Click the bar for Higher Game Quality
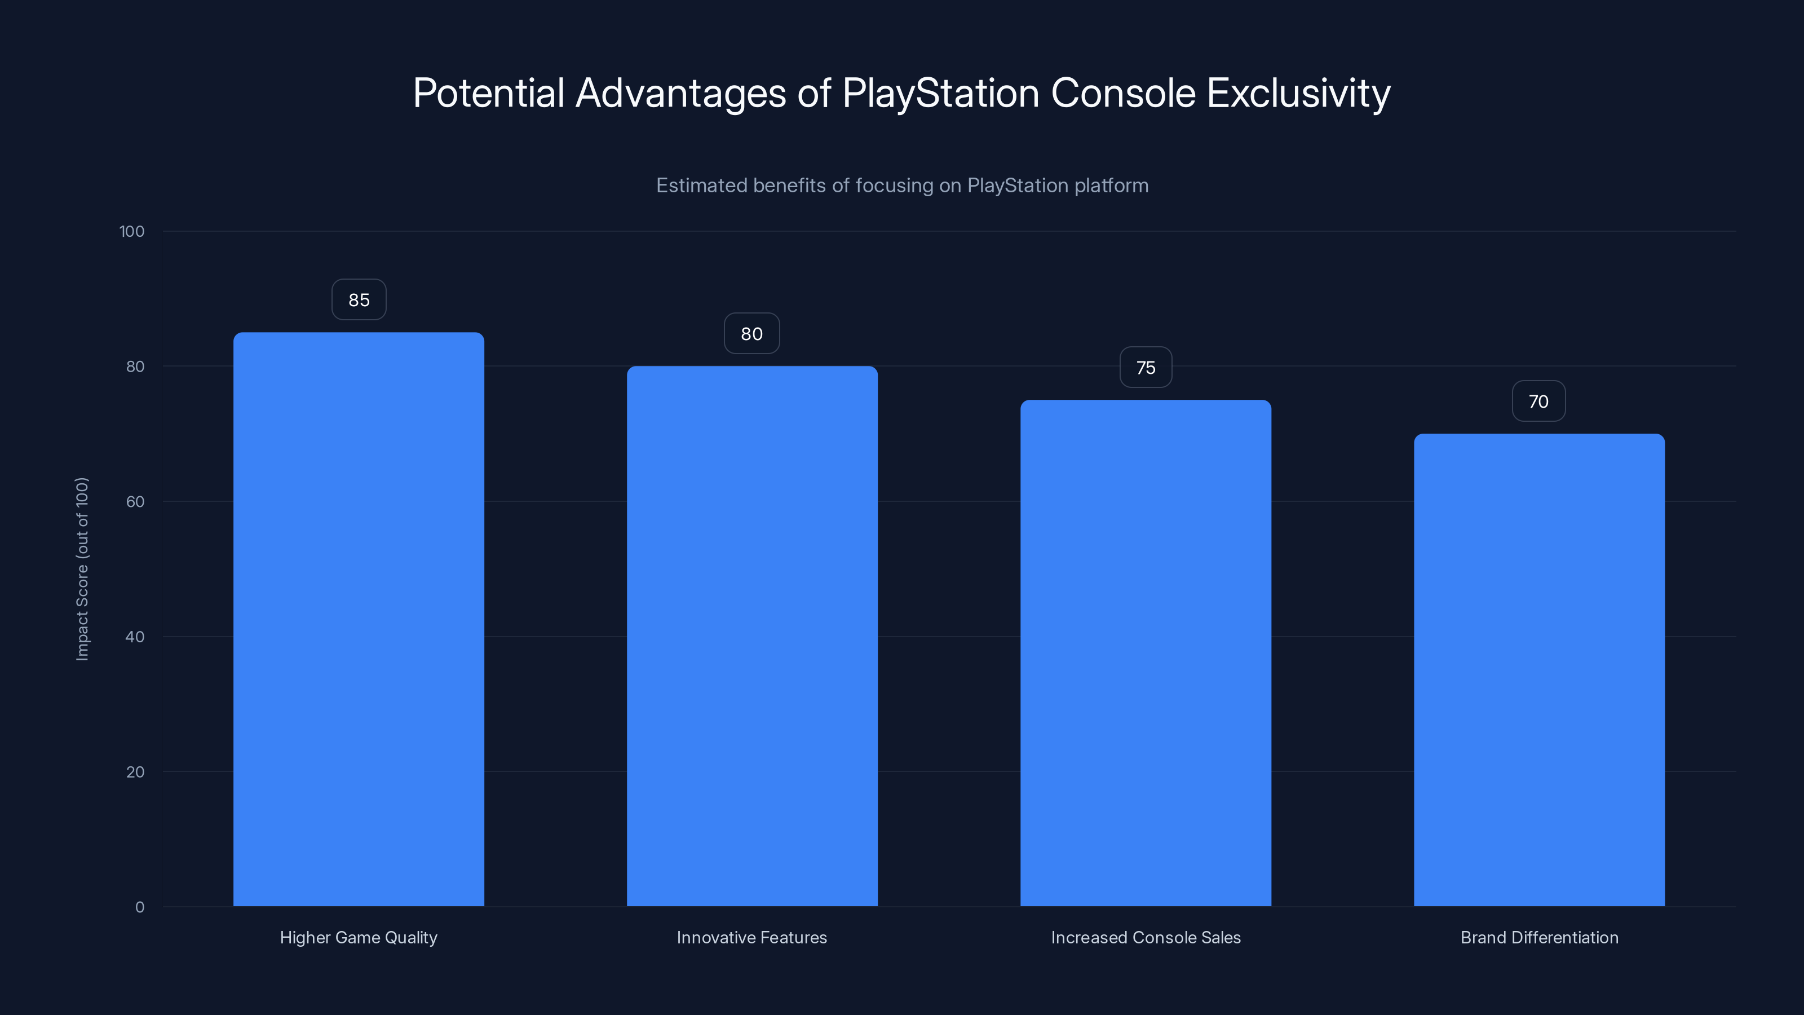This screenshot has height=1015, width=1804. [359, 619]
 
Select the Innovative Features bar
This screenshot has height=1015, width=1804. [751, 636]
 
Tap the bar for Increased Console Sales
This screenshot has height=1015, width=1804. [1145, 653]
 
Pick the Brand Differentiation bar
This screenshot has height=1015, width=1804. [1538, 670]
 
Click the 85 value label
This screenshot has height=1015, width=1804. [359, 300]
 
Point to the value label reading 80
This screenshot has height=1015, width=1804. [751, 333]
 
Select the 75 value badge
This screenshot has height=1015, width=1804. [1145, 368]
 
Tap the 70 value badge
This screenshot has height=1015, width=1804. [1538, 401]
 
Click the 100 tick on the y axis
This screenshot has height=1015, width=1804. [132, 232]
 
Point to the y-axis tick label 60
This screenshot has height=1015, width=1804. [135, 501]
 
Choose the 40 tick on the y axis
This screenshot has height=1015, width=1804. [135, 637]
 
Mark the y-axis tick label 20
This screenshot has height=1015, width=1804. [135, 772]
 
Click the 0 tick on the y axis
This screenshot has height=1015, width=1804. [139, 907]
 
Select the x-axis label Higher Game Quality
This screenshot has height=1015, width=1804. [359, 937]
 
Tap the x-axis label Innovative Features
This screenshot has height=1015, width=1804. [751, 937]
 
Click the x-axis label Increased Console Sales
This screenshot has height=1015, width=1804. [1145, 937]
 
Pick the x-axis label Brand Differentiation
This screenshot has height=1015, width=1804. [1538, 937]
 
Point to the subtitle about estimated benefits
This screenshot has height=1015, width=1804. [902, 186]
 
